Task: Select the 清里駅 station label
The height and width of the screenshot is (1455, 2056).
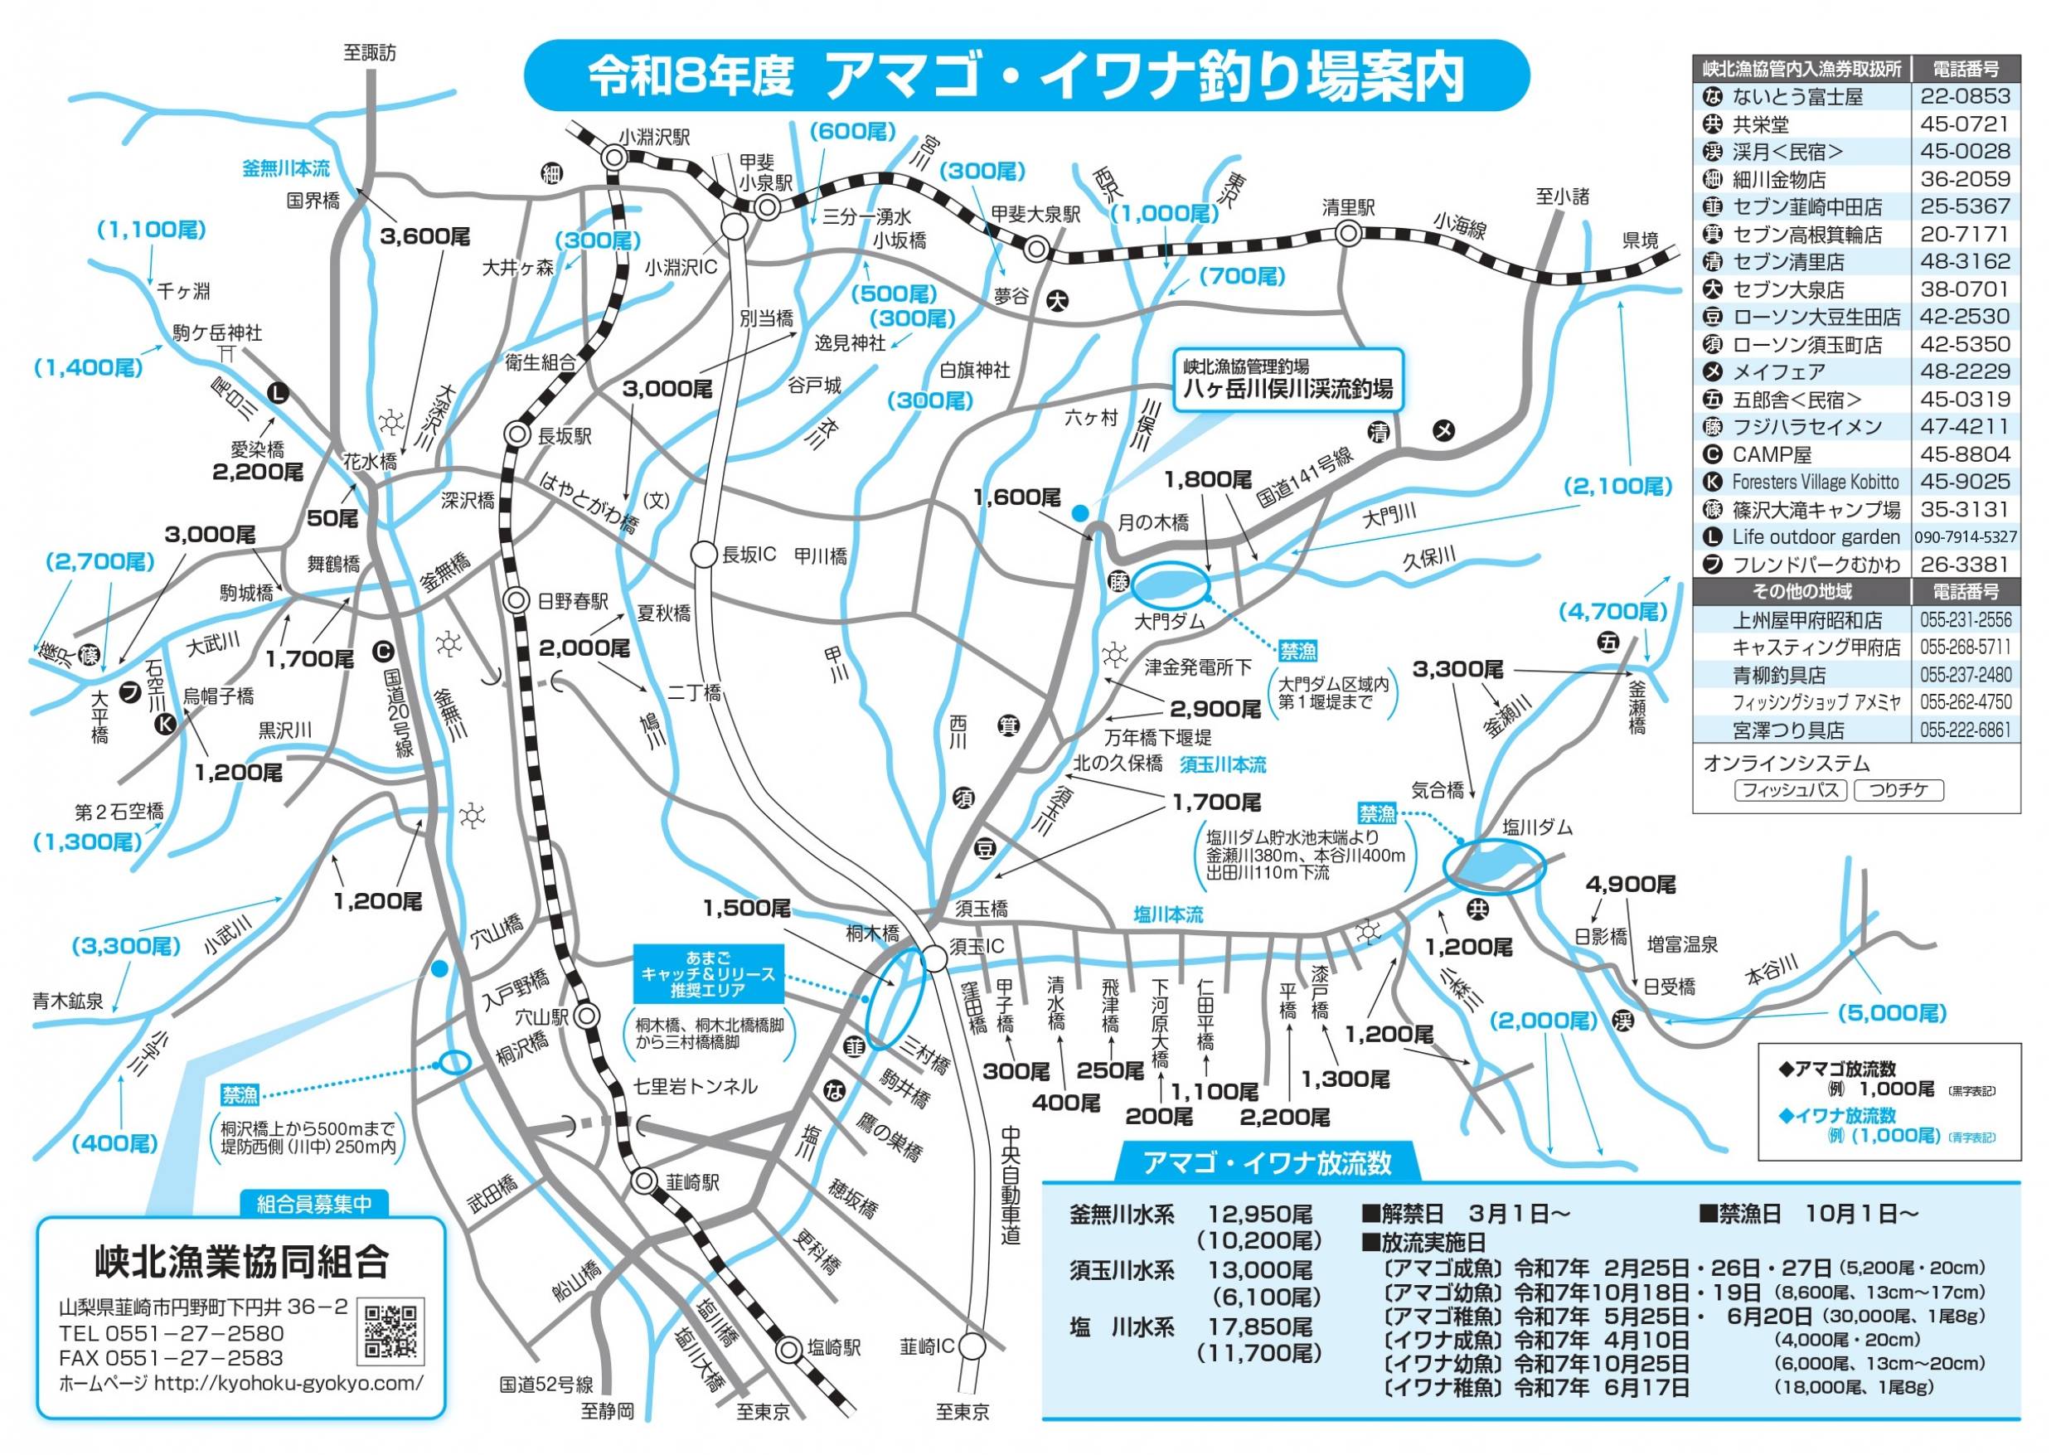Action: click(x=1348, y=208)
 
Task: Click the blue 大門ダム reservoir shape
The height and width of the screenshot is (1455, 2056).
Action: click(x=1169, y=586)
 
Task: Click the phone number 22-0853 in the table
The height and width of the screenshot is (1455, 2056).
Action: click(x=1965, y=97)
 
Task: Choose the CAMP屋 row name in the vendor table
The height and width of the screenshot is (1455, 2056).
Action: click(x=1771, y=454)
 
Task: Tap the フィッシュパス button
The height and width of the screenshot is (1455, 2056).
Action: click(x=1790, y=790)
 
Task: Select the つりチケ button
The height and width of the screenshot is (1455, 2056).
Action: click(x=1898, y=790)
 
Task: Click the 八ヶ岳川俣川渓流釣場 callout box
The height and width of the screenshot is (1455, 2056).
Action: click(x=1287, y=380)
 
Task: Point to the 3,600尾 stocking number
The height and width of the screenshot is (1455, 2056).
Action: click(x=424, y=236)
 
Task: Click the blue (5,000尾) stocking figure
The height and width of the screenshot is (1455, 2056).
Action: click(x=1892, y=1013)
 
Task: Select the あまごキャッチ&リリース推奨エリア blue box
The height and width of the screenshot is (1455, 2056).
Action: click(x=708, y=973)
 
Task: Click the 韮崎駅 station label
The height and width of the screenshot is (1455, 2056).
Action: click(x=692, y=1182)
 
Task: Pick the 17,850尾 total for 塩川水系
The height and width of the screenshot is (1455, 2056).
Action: click(x=1260, y=1326)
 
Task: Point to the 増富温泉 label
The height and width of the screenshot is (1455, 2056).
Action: click(x=1682, y=943)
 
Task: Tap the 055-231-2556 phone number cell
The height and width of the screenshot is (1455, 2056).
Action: click(x=1965, y=620)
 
